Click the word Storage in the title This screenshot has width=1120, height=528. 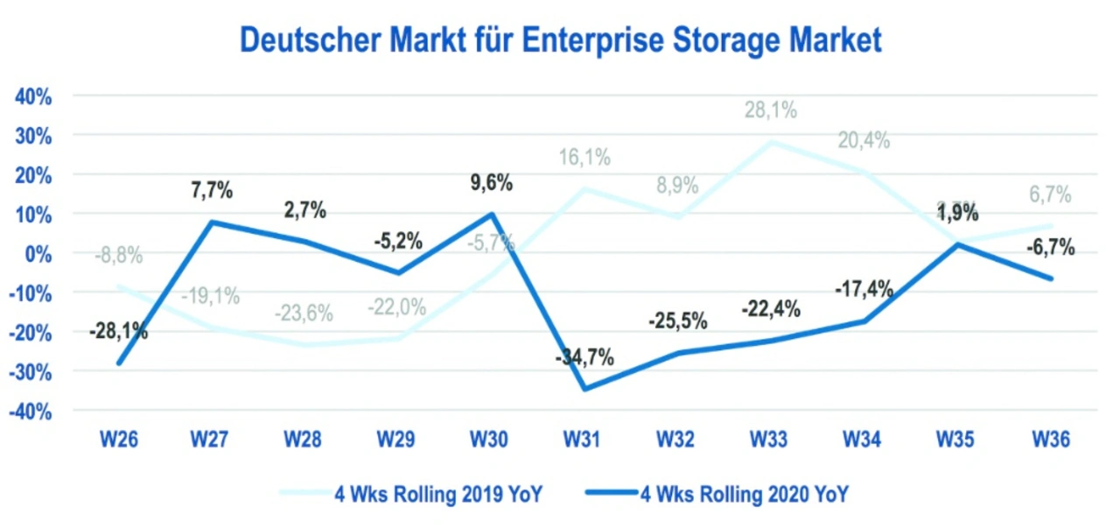pyautogui.click(x=704, y=40)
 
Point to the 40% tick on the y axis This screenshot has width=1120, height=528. pyautogui.click(x=32, y=96)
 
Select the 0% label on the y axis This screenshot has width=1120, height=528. pyautogui.click(x=38, y=254)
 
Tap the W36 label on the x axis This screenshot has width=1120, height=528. pyautogui.click(x=1050, y=440)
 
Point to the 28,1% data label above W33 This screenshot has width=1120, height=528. pyautogui.click(x=770, y=111)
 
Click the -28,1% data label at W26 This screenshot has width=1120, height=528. pyautogui.click(x=118, y=331)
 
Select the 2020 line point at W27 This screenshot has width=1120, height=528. pyautogui.click(x=211, y=222)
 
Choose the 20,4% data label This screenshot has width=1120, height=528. pyautogui.click(x=863, y=140)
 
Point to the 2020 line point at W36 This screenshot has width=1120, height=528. pyautogui.click(x=1050, y=279)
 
